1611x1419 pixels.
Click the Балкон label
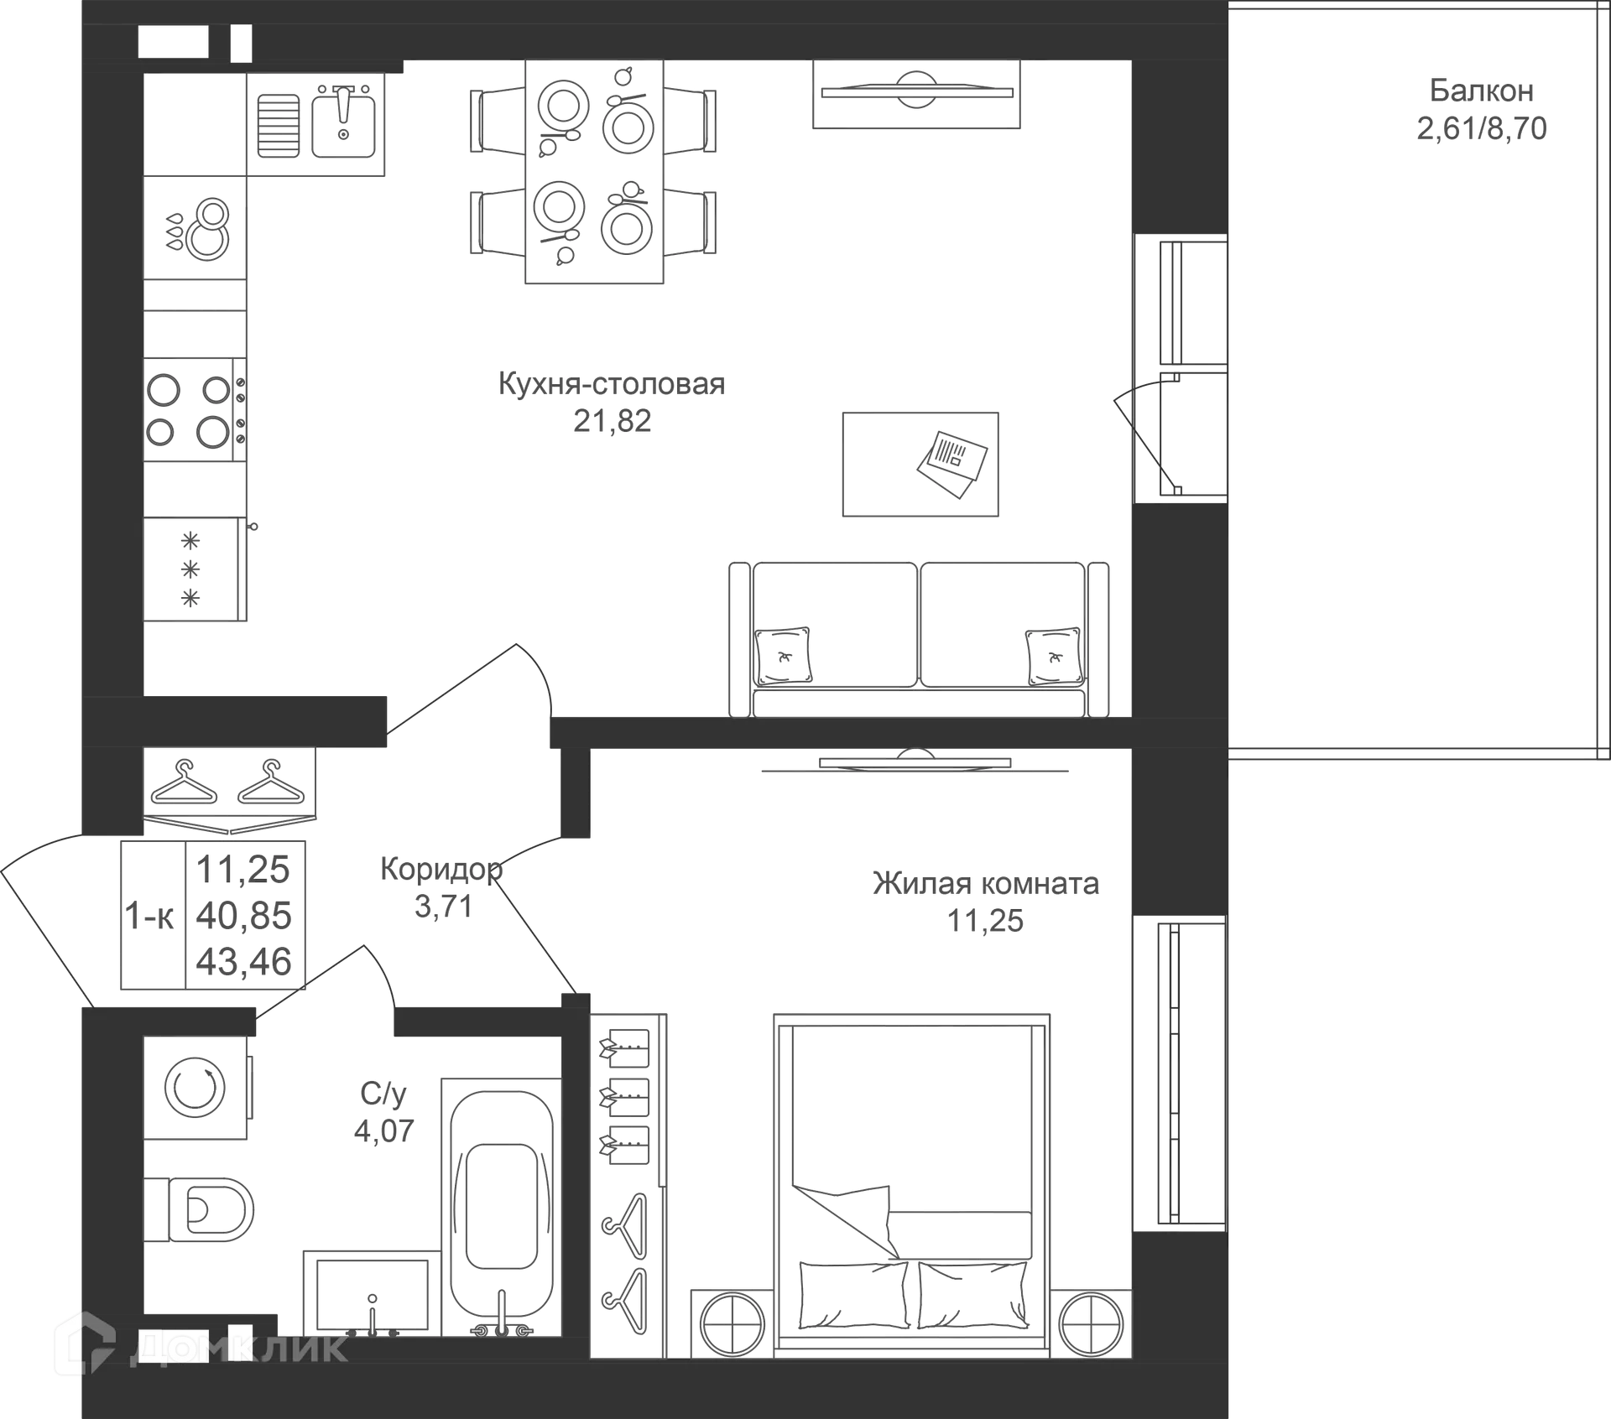[1482, 90]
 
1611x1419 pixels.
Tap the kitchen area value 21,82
[612, 421]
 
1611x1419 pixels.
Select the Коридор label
[441, 869]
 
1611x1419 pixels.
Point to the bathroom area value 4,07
[384, 1131]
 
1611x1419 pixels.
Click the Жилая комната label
[986, 883]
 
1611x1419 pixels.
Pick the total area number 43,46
[243, 961]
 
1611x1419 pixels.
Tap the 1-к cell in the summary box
[149, 916]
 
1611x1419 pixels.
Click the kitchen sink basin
[343, 125]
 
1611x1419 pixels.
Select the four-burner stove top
[195, 410]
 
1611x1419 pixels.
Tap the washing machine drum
[195, 1088]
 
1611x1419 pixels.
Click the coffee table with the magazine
[920, 464]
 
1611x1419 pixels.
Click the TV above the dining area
[916, 92]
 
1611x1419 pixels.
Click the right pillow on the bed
[972, 1295]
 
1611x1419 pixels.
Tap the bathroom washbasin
[372, 1294]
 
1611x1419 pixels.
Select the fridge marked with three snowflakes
[195, 569]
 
